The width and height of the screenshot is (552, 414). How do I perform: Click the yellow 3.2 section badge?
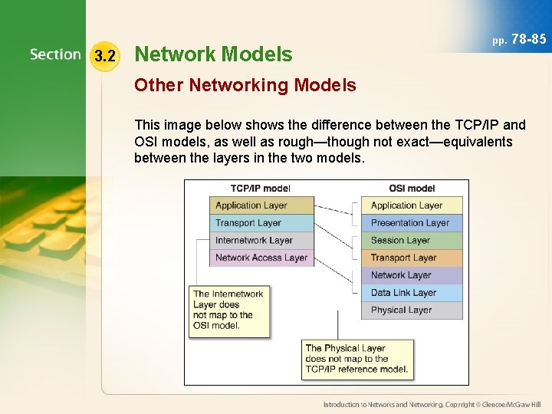coord(104,56)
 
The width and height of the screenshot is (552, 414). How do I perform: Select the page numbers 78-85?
coord(519,38)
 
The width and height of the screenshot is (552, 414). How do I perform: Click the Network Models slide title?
coord(212,54)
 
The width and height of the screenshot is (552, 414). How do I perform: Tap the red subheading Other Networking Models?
coord(245,85)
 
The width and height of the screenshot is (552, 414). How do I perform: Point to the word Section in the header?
coord(55,55)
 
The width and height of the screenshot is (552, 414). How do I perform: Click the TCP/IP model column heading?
coord(260,189)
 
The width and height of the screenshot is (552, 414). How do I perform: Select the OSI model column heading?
coord(412,189)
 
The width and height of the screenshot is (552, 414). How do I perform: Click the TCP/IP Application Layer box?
coord(261,205)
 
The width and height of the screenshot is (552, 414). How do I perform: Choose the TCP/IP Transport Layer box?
coord(261,223)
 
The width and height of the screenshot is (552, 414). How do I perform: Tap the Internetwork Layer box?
coord(261,240)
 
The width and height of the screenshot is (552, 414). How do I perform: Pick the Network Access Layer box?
coord(261,258)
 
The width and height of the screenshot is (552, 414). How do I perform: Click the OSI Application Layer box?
coord(412,205)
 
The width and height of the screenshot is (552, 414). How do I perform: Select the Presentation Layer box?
coord(412,223)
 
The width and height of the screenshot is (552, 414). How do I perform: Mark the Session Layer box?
coord(412,240)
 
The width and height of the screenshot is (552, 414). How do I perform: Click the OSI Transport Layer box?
coord(412,258)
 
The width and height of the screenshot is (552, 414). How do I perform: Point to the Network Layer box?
coord(412,275)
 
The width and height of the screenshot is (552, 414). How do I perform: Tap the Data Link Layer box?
coord(412,293)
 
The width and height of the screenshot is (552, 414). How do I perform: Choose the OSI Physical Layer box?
coord(412,310)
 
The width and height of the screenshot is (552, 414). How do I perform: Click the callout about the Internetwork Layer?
coord(229,310)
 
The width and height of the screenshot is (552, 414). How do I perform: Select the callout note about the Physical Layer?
coord(357,359)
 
